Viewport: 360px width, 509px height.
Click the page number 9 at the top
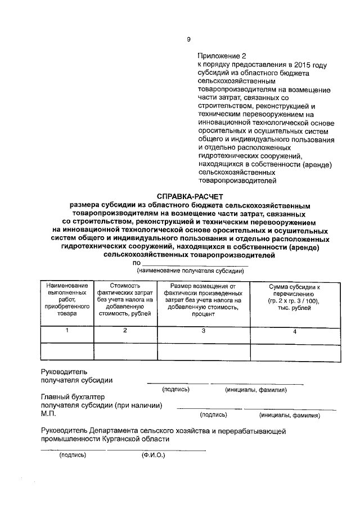188,39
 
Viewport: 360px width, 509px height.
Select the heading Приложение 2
222,56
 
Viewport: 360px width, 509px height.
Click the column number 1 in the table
67,331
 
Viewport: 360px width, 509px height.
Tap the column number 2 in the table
125,331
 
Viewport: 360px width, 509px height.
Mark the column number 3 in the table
203,331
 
